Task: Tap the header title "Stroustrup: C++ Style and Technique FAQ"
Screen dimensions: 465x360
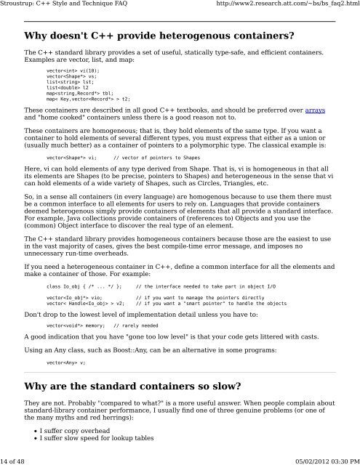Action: click(x=69, y=5)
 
